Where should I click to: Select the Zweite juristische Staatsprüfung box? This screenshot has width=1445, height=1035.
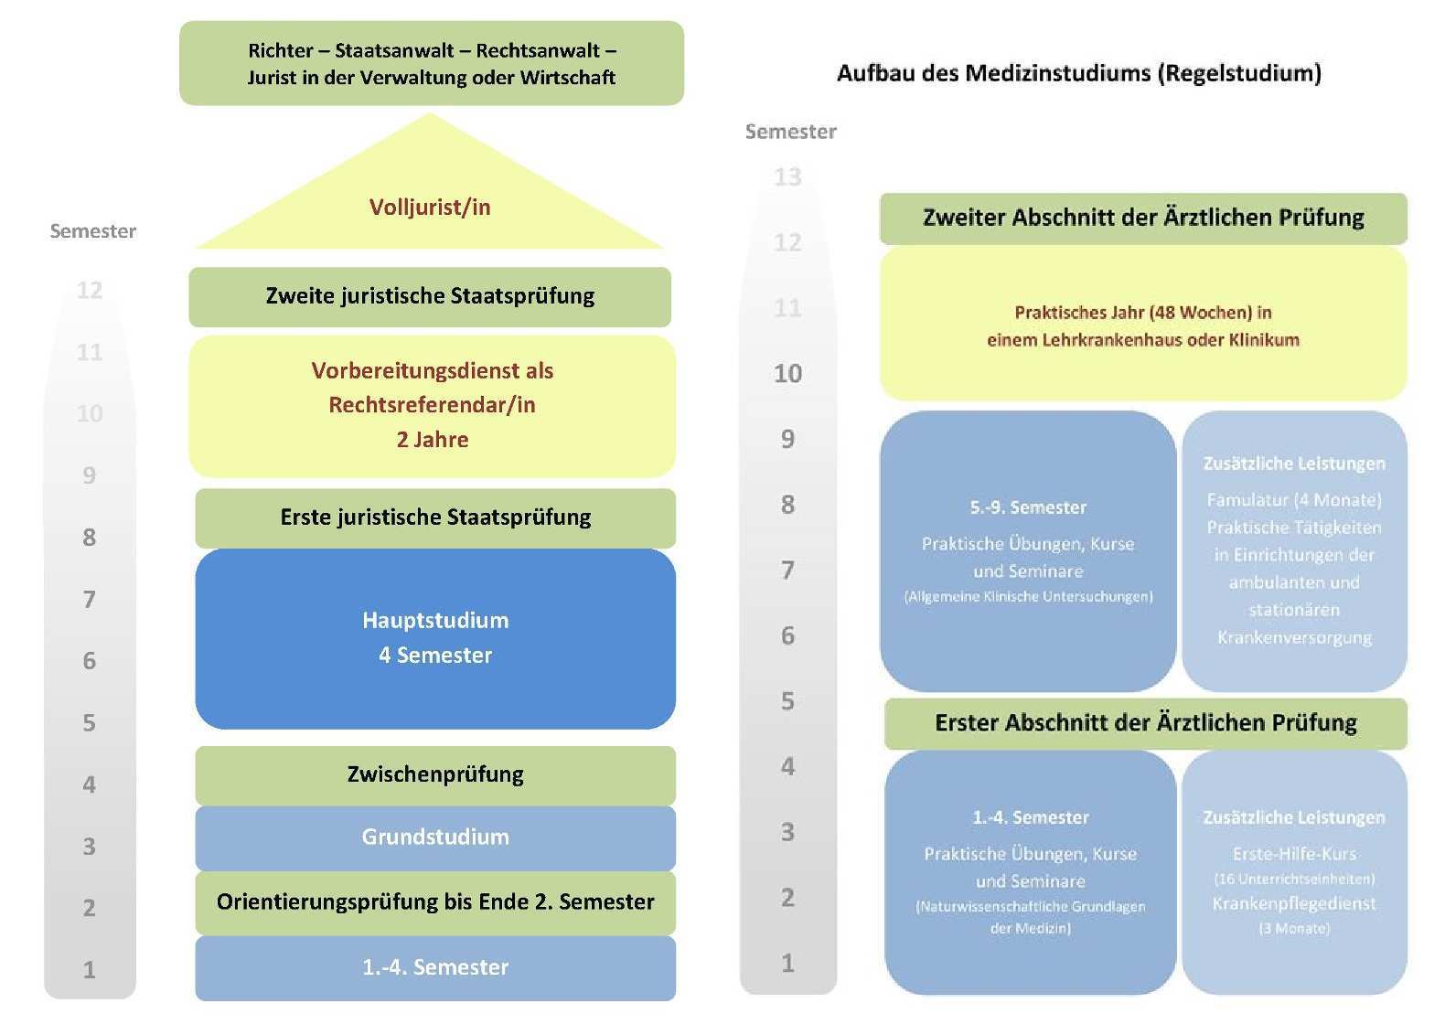coord(430,296)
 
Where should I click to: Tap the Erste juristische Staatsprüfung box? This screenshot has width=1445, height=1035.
coord(435,517)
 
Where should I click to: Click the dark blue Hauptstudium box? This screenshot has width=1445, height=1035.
coord(435,638)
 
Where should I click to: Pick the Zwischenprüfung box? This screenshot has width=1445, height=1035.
coord(435,774)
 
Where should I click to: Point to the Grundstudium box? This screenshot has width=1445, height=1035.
coord(435,837)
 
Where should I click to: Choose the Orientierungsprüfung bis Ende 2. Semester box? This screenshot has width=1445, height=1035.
coord(435,902)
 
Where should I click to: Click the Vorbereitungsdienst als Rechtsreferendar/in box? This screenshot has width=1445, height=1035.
coord(432,405)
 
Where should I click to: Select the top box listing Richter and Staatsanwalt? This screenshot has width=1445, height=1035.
coord(432,63)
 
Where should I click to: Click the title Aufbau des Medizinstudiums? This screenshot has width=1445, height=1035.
coord(1079,73)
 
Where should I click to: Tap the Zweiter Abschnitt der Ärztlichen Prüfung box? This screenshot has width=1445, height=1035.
coord(1143,218)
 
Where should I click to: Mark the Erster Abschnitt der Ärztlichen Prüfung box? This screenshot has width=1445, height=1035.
coord(1146,723)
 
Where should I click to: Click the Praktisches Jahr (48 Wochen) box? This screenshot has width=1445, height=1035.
coord(1143,325)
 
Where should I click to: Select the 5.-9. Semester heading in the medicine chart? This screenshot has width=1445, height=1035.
coord(1028,507)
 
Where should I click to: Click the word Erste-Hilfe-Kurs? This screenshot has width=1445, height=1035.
coord(1294,854)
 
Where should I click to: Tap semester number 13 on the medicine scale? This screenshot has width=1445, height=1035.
coord(787,176)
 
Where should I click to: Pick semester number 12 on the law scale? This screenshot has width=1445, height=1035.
coord(90,290)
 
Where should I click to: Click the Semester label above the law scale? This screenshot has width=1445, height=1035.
coord(93,231)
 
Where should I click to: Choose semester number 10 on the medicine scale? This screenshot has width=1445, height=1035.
coord(787,373)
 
